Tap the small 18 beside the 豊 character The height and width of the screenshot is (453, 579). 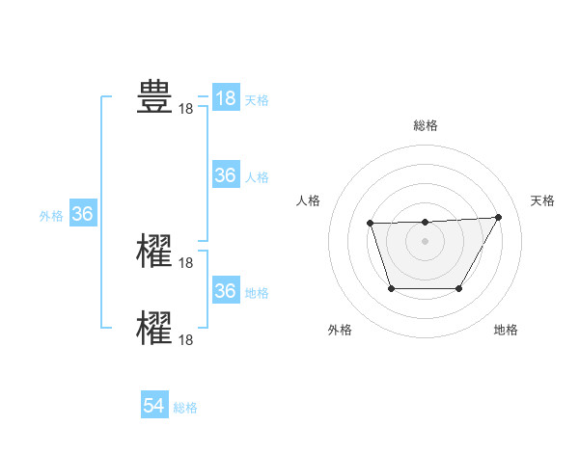tap(186, 109)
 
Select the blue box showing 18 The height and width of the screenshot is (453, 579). tap(225, 98)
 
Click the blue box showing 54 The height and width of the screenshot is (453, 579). tap(154, 406)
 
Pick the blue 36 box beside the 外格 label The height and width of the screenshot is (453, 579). tap(82, 214)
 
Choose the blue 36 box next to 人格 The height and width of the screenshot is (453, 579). tap(225, 175)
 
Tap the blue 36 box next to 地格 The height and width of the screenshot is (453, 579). tap(225, 291)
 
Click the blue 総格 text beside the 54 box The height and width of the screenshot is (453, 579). tap(185, 408)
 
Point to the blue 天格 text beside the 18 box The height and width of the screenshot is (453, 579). tap(256, 100)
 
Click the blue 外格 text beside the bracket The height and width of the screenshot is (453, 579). tap(51, 216)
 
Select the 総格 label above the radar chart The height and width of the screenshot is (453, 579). tap(425, 125)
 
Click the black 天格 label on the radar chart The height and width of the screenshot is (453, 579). tap(542, 200)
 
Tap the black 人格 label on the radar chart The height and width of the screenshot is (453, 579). tap(309, 200)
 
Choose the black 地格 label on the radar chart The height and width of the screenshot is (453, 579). tap(506, 330)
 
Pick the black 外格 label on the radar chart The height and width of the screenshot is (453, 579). tap(340, 330)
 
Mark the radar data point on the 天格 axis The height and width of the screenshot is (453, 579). tap(498, 218)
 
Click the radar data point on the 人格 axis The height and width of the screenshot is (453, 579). tap(371, 224)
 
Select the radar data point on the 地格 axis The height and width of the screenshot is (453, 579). tap(458, 288)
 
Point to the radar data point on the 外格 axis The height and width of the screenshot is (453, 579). tap(391, 288)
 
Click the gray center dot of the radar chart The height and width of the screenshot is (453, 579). tap(425, 241)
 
